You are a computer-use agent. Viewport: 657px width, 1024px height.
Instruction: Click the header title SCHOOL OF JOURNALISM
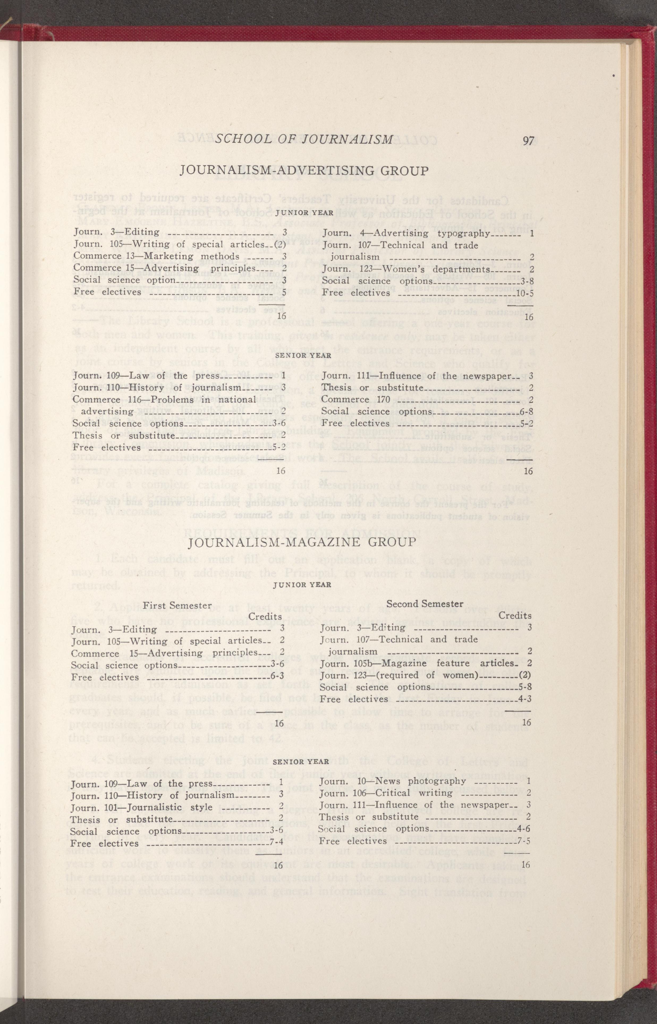(304, 140)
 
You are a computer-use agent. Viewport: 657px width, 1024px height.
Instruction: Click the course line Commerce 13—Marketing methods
(156, 256)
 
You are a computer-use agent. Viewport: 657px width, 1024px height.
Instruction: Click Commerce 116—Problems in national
(164, 399)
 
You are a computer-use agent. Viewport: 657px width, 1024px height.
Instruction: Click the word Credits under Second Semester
(515, 616)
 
